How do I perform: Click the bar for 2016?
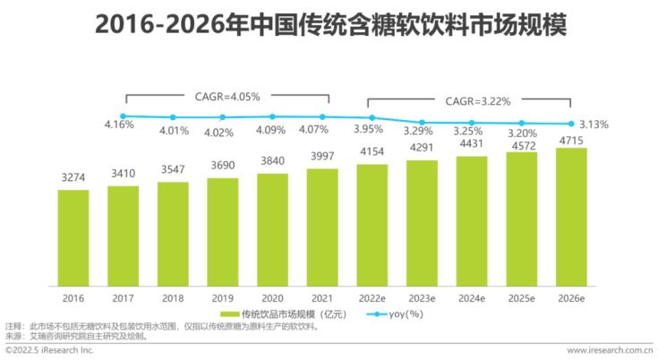pyautogui.click(x=73, y=236)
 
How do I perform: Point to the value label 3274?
pyautogui.click(x=73, y=179)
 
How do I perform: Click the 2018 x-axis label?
pyautogui.click(x=173, y=297)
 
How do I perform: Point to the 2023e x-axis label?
pyautogui.click(x=422, y=297)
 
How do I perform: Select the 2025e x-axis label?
pyautogui.click(x=521, y=297)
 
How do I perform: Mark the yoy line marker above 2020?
pyautogui.click(x=272, y=116)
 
